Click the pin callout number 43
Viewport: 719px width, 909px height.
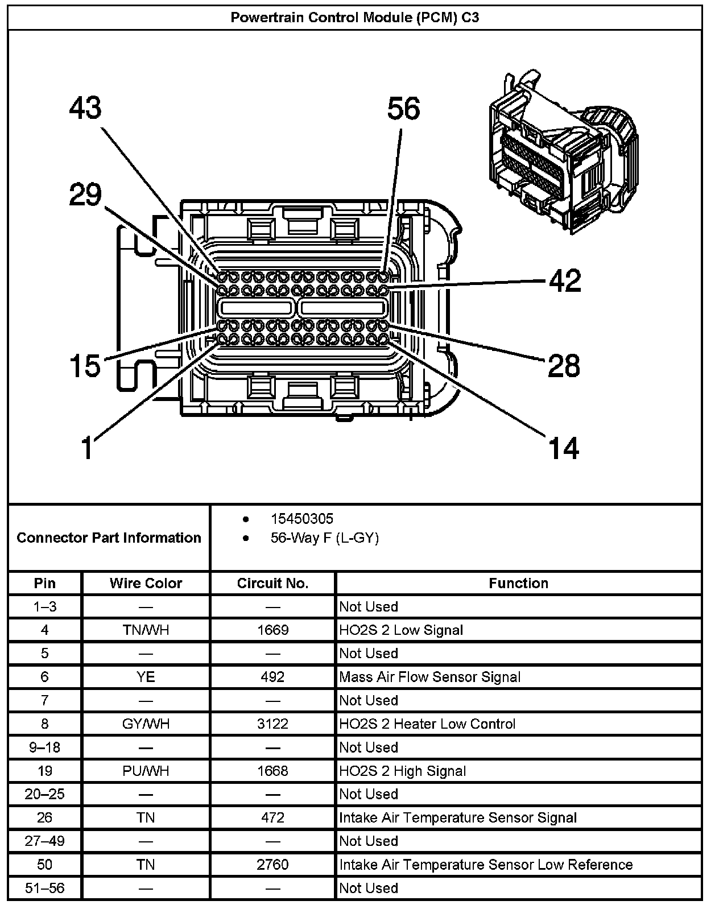(x=85, y=108)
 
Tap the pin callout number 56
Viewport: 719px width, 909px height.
(x=403, y=108)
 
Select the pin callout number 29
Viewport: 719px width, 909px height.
(x=85, y=195)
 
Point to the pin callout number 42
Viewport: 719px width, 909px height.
(x=565, y=280)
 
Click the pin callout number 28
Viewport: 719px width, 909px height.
(x=564, y=365)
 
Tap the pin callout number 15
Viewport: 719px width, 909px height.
(x=85, y=365)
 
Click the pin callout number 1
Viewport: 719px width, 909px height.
(x=87, y=448)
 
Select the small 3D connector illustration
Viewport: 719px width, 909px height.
(x=560, y=151)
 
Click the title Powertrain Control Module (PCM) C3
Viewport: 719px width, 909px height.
(x=355, y=18)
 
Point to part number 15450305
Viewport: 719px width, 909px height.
(x=302, y=519)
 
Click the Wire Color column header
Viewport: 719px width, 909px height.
(x=146, y=583)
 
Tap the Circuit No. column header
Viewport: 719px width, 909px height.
(x=272, y=583)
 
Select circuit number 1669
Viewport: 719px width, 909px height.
(x=272, y=630)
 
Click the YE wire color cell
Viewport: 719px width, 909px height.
(x=146, y=677)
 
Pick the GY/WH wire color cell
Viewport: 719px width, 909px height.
(x=146, y=724)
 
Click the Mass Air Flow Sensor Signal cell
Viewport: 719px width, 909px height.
(x=429, y=677)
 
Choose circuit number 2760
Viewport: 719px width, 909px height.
(x=272, y=865)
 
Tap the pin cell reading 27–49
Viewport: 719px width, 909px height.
(x=44, y=841)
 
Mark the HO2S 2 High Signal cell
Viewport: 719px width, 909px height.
(x=402, y=771)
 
